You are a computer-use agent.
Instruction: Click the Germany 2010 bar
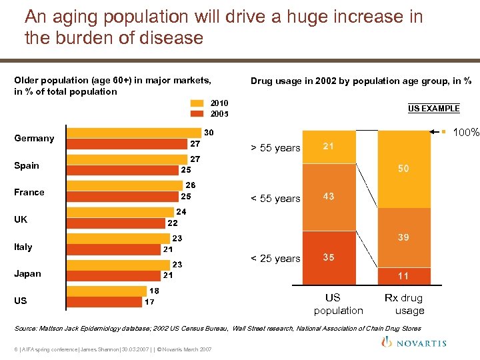point(133,133)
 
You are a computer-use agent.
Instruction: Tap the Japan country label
point(27,273)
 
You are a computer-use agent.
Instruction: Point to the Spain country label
point(27,165)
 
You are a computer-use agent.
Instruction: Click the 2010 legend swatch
point(197,103)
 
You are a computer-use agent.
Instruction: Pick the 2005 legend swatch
point(197,114)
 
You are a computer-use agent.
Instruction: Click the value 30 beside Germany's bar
point(209,133)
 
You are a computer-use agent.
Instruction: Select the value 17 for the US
point(150,301)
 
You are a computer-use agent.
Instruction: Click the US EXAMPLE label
point(433,108)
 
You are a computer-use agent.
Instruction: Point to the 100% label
point(466,133)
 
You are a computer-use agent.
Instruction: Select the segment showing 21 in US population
point(329,146)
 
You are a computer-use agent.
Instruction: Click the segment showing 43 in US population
point(329,197)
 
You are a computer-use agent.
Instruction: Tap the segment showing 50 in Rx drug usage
point(403,169)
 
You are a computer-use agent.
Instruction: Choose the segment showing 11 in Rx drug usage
point(403,276)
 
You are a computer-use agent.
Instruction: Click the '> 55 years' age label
point(275,148)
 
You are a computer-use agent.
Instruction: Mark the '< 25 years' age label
point(275,259)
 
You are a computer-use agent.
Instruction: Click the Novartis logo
point(417,343)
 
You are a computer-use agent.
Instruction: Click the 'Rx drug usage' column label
point(403,304)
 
